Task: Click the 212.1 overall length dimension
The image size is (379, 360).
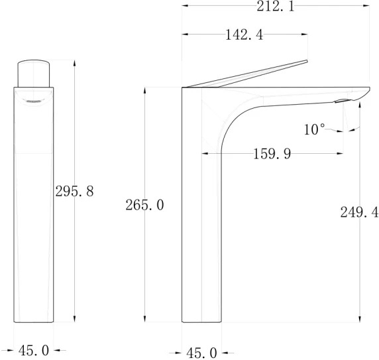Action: coord(276,6)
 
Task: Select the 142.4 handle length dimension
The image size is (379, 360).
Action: coord(244,35)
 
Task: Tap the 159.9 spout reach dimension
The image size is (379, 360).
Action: coord(272,154)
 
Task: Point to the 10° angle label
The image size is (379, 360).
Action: coord(314,129)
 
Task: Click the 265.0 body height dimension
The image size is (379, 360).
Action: coord(144,206)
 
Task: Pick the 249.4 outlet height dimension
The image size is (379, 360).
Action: coord(359,213)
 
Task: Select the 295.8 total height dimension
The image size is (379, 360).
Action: coord(74,192)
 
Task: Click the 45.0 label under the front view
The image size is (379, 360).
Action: coord(34,350)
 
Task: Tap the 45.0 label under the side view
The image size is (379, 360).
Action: coord(201,353)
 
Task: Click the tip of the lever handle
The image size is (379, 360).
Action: coord(307,60)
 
